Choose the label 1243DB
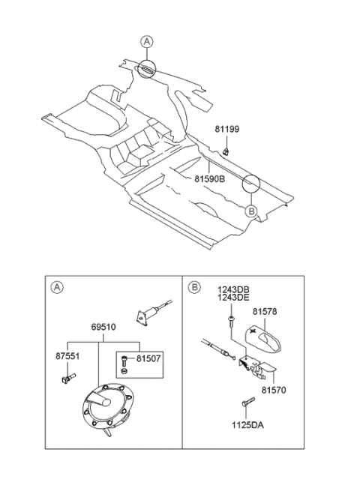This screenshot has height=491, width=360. tap(233, 289)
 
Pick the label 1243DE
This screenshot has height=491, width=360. tap(233, 298)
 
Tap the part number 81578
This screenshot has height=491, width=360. tap(265, 311)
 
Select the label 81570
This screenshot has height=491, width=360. tap(274, 390)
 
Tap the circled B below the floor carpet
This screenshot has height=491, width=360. tap(252, 212)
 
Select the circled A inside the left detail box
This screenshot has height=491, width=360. tap(55, 286)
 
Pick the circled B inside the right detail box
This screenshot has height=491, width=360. tap(193, 286)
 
